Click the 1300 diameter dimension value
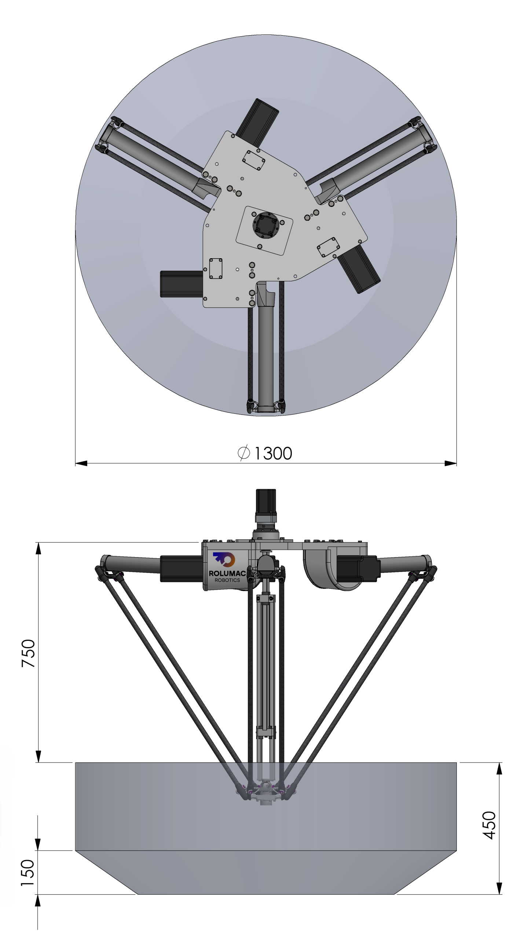click(273, 453)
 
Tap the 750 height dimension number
click(28, 653)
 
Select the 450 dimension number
click(489, 825)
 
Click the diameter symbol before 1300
click(244, 453)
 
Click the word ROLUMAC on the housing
click(227, 573)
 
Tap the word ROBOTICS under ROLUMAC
click(227, 580)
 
